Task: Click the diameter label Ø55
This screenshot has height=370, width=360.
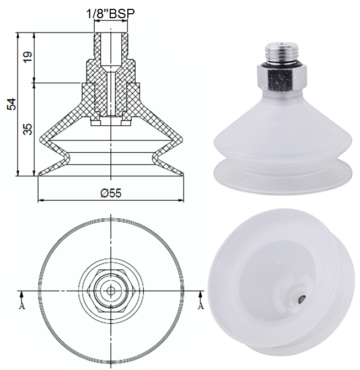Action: [110, 193]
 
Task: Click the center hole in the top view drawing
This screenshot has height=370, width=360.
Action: [111, 290]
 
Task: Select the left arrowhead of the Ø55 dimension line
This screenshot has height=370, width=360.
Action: [40, 199]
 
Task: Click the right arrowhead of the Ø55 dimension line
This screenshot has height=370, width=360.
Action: [181, 199]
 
